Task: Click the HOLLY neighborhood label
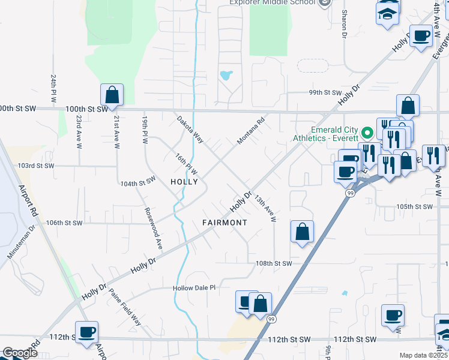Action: [x=184, y=181]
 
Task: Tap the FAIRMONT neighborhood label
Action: [x=224, y=223]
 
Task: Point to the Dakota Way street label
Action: [x=190, y=129]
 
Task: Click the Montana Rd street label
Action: [x=251, y=130]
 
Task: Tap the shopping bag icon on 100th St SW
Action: [x=112, y=94]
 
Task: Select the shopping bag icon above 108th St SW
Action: [x=302, y=232]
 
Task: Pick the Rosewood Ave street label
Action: [x=154, y=229]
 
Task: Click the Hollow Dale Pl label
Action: [x=194, y=288]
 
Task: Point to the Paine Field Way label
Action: [x=125, y=307]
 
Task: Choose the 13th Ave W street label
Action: [x=264, y=208]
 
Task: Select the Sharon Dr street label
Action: [x=345, y=23]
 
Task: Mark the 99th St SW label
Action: [x=325, y=93]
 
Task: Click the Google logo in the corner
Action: [x=20, y=353]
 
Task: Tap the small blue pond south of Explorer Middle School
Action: [x=226, y=76]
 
